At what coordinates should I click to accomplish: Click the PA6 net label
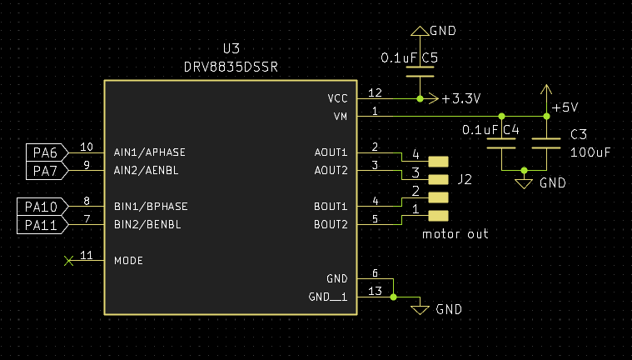[x=46, y=153]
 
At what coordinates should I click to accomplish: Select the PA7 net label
[x=46, y=171]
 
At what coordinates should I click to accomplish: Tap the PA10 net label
[x=40, y=207]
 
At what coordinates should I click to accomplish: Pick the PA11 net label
[x=40, y=225]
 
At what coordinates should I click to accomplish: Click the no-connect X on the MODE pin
[x=68, y=261]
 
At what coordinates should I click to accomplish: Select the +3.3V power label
[x=461, y=98]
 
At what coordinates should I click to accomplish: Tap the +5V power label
[x=564, y=107]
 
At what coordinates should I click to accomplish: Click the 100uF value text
[x=590, y=152]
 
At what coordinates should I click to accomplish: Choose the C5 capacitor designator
[x=430, y=58]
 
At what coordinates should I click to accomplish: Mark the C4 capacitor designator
[x=510, y=130]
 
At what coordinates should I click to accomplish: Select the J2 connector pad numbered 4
[x=438, y=162]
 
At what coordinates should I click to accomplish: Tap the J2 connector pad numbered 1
[x=438, y=216]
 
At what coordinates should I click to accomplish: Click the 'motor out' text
[x=455, y=234]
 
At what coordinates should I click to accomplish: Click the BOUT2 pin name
[x=331, y=224]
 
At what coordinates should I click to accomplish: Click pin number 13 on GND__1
[x=375, y=291]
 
